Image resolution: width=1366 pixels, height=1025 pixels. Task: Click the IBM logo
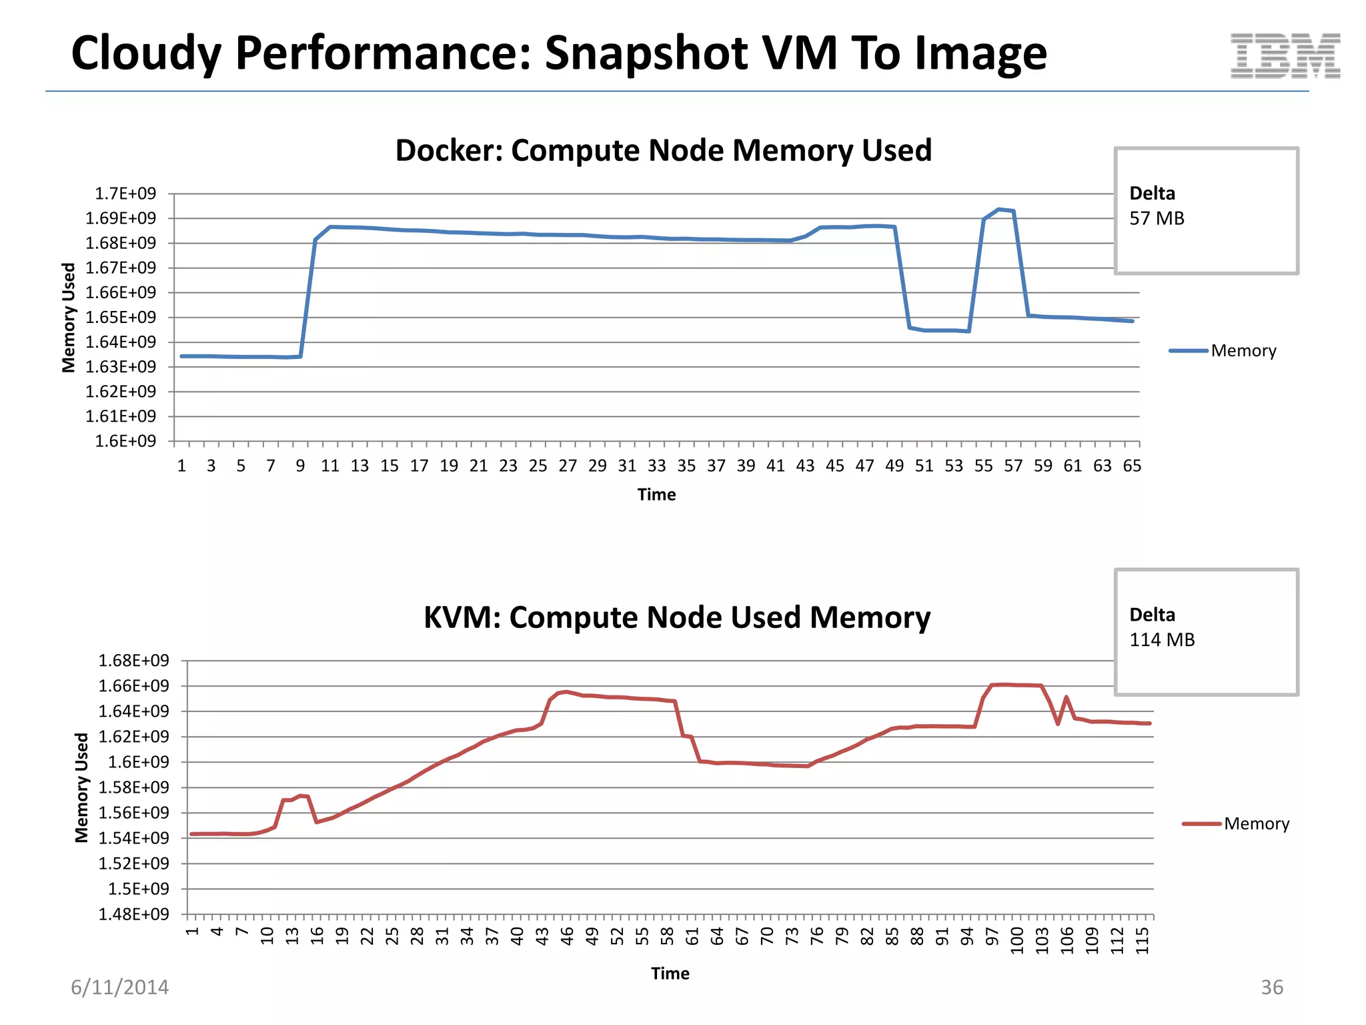[x=1285, y=55]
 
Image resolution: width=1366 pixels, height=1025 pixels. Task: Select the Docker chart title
[x=663, y=150]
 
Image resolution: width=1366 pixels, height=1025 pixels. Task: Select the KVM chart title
[x=676, y=617]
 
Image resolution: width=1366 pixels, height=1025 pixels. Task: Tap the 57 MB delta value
[x=1157, y=218]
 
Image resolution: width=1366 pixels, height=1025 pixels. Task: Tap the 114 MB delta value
[x=1161, y=639]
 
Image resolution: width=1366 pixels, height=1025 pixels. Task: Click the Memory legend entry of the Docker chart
[x=1243, y=351]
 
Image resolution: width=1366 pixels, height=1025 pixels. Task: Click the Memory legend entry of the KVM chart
[x=1256, y=823]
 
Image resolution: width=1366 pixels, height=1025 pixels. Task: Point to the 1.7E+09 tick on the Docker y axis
[x=125, y=194]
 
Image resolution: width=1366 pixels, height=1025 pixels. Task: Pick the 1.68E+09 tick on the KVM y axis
[x=133, y=661]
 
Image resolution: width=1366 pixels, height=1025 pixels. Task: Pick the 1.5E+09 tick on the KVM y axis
[x=139, y=889]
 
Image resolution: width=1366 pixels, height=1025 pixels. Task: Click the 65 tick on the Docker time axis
[x=1132, y=466]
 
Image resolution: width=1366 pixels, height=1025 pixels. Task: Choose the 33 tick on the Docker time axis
[x=656, y=466]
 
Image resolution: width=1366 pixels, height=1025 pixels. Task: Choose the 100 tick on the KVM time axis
[x=1016, y=940]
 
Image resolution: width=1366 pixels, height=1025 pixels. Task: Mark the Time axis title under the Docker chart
[x=656, y=494]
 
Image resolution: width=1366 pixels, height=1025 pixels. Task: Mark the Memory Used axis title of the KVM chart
[x=81, y=787]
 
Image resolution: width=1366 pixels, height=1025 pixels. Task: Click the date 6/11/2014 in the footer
[x=120, y=987]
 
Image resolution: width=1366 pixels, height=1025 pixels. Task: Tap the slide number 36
[x=1271, y=987]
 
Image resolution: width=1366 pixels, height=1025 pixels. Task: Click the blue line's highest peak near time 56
[x=998, y=210]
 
